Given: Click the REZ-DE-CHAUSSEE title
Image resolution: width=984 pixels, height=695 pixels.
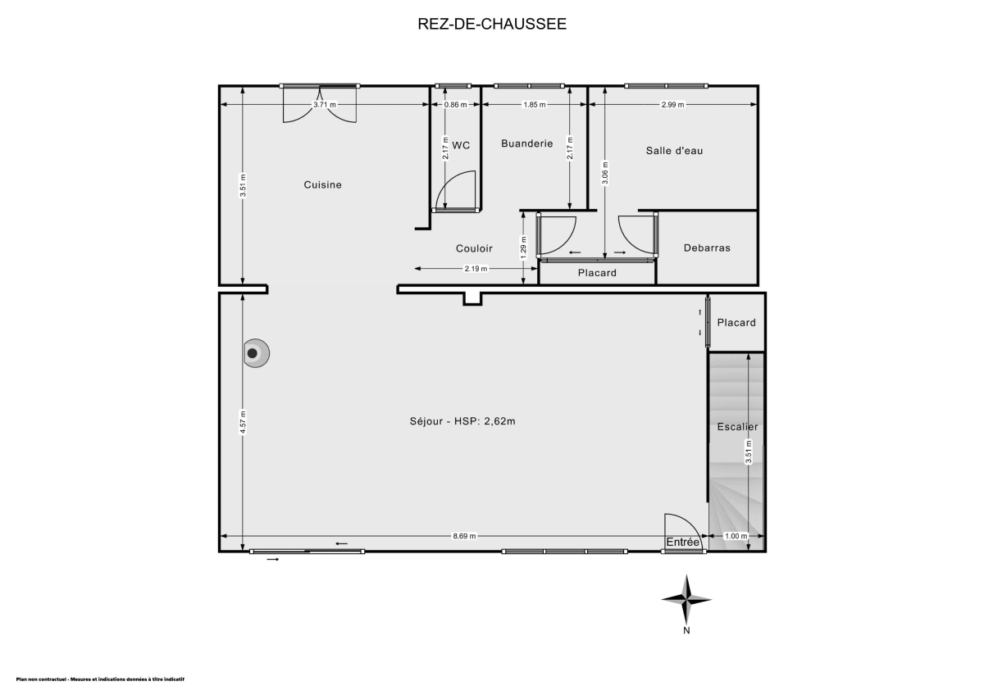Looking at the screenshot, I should [x=492, y=24].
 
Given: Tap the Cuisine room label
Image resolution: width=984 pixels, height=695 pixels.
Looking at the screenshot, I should [x=322, y=185].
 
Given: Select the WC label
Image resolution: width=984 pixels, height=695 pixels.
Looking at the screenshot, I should [x=462, y=145].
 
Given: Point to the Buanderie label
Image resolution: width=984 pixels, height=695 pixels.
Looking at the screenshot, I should [x=526, y=143].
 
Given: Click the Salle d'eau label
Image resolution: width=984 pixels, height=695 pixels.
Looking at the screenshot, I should [x=674, y=151].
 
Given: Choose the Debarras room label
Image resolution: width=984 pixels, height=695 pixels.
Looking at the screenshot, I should [x=707, y=248].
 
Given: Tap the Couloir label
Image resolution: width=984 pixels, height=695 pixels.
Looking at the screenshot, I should [x=474, y=248].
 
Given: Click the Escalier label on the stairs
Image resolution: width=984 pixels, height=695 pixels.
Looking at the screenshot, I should [x=737, y=427].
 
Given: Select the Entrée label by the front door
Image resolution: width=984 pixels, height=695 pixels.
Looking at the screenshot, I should [x=682, y=543].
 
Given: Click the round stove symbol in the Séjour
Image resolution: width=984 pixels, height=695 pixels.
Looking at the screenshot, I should [x=254, y=353].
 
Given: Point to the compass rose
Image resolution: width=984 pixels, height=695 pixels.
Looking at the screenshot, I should [x=687, y=599].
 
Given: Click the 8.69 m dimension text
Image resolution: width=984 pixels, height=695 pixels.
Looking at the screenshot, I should [x=464, y=536].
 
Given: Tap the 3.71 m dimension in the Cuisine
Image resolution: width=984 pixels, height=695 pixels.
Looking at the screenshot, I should [x=325, y=105].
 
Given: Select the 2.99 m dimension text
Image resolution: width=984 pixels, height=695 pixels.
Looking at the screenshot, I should [x=672, y=105].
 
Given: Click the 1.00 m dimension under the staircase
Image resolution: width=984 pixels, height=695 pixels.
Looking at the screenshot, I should [x=738, y=536].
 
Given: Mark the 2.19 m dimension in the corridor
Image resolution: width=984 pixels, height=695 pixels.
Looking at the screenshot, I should [x=476, y=269].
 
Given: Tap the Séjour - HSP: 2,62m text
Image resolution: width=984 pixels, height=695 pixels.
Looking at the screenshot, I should [x=463, y=422].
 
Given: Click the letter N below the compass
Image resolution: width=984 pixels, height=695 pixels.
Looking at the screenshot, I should [x=687, y=631].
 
